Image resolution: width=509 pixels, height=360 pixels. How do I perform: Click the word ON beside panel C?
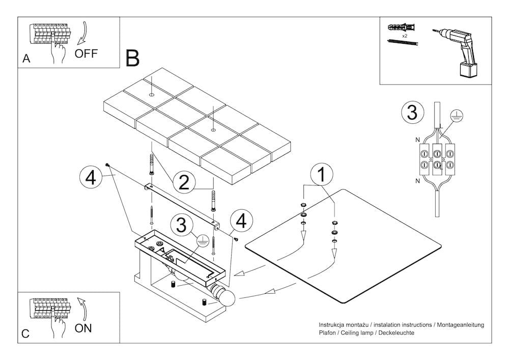tap(83, 328)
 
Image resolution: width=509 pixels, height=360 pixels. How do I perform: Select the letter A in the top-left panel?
tap(26, 59)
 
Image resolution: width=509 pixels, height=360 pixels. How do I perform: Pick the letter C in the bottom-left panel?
tap(26, 334)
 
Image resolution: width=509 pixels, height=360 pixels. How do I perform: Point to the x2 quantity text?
tap(404, 37)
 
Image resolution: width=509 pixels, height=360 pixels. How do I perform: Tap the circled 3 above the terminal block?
tap(412, 112)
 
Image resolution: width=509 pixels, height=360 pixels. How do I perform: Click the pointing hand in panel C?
tap(58, 323)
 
